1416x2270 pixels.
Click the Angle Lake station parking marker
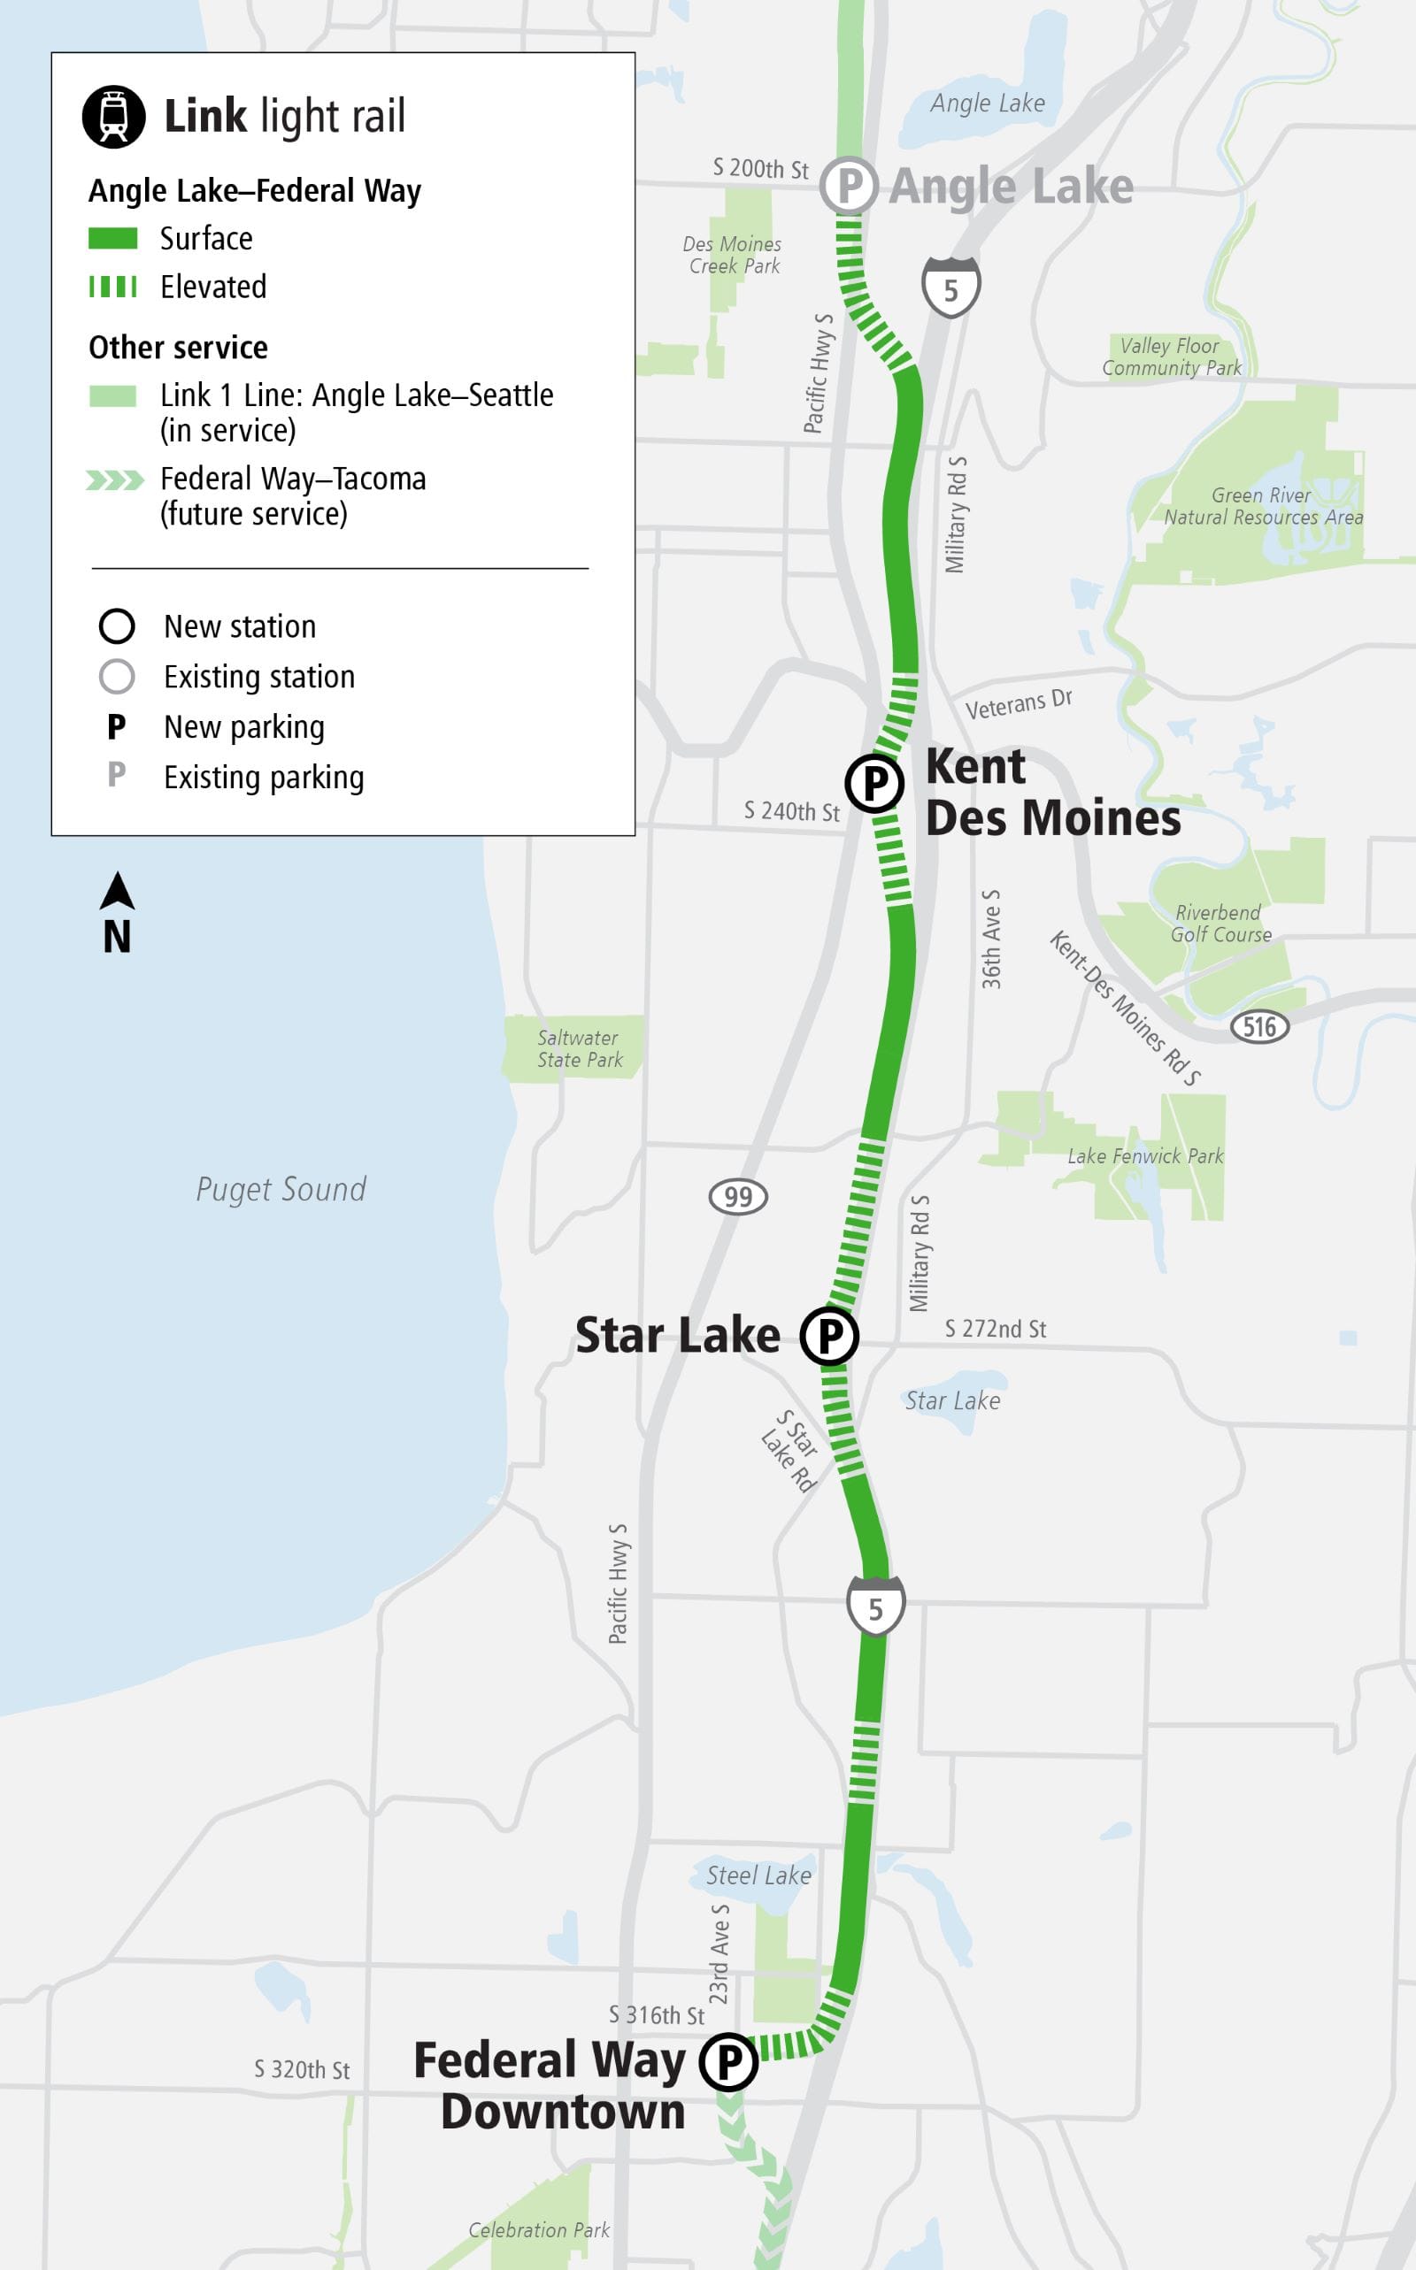pyautogui.click(x=849, y=186)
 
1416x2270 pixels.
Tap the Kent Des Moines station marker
pyautogui.click(x=873, y=783)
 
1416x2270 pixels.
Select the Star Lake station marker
pyautogui.click(x=829, y=1335)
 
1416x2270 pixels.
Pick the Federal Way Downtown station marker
pyautogui.click(x=728, y=2061)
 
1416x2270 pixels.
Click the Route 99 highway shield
pyautogui.click(x=738, y=1196)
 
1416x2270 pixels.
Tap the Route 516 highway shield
pyautogui.click(x=1258, y=1026)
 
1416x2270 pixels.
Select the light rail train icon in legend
pyautogui.click(x=114, y=117)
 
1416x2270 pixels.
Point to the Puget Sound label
pyautogui.click(x=281, y=1189)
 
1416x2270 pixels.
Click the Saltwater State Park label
pyautogui.click(x=579, y=1048)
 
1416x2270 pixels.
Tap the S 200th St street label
pyautogui.click(x=759, y=168)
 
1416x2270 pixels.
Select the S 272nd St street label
pyautogui.click(x=995, y=1329)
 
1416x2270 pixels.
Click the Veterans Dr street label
pyautogui.click(x=1018, y=704)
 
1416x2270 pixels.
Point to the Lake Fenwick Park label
pyautogui.click(x=1144, y=1156)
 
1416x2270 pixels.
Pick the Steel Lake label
pyautogui.click(x=758, y=1875)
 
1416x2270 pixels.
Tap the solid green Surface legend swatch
pyautogui.click(x=113, y=239)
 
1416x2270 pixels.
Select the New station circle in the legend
pyautogui.click(x=117, y=626)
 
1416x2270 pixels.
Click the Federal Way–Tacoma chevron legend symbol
pyautogui.click(x=114, y=480)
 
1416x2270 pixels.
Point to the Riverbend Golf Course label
pyautogui.click(x=1220, y=923)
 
